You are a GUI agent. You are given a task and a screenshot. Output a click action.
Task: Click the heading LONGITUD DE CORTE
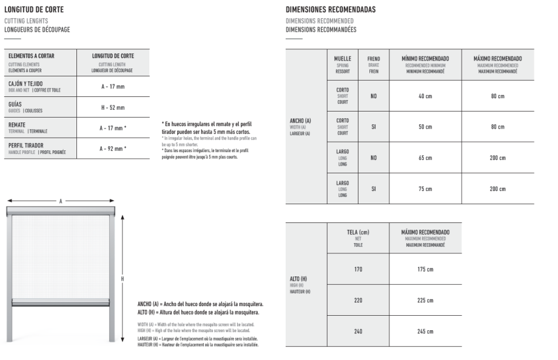(x=34, y=10)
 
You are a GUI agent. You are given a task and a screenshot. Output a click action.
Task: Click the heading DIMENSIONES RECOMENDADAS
(x=330, y=10)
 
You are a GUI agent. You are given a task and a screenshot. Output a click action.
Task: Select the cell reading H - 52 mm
(x=112, y=107)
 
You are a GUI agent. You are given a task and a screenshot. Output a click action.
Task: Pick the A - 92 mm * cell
(x=113, y=148)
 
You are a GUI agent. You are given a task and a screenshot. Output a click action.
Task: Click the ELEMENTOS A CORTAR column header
(x=32, y=56)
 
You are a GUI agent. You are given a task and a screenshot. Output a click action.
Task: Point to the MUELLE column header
(x=343, y=59)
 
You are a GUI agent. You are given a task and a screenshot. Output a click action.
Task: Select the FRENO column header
(x=374, y=59)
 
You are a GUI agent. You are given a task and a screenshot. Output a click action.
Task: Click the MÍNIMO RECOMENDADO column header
(x=425, y=59)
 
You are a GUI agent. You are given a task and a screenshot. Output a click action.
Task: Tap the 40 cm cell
(x=425, y=96)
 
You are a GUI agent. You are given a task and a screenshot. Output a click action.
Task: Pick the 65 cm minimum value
(x=425, y=158)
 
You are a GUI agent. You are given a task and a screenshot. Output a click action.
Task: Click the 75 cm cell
(x=425, y=189)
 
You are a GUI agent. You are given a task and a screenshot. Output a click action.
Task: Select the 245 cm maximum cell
(x=425, y=332)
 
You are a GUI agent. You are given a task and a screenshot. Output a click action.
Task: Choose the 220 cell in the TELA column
(x=358, y=301)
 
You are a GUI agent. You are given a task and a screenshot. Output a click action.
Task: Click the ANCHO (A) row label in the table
(x=300, y=121)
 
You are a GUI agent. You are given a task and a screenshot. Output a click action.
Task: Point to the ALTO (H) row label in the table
(x=300, y=279)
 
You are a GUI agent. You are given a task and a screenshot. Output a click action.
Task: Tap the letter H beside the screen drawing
(x=122, y=279)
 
